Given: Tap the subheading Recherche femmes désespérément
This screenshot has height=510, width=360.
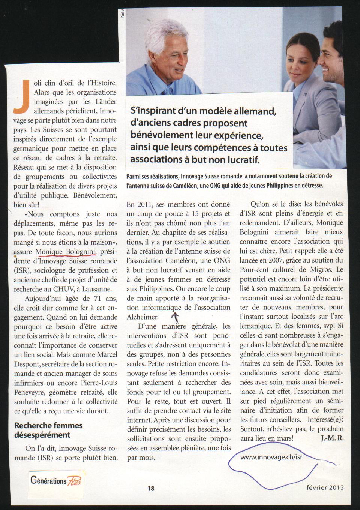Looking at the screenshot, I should pos(48,430).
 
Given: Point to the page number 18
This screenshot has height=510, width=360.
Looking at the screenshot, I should pos(151,488).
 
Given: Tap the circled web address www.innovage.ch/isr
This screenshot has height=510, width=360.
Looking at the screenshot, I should pos(271,457).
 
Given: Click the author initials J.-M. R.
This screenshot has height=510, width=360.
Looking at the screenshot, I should pos(332,438).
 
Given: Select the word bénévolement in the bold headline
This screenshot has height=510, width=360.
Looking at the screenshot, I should pos(162,135).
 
